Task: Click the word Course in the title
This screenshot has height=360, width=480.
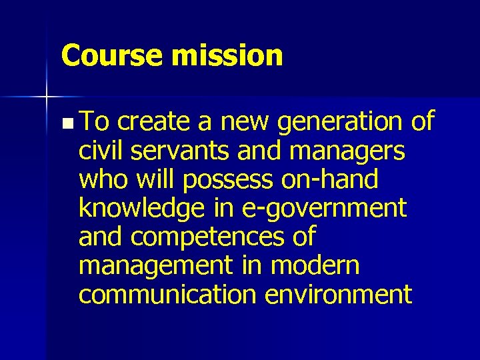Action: [x=111, y=55]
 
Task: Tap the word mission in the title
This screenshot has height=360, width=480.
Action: [x=227, y=55]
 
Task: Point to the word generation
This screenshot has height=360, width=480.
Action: [x=340, y=123]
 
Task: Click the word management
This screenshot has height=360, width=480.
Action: [x=153, y=267]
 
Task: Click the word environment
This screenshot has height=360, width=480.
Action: [x=339, y=294]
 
